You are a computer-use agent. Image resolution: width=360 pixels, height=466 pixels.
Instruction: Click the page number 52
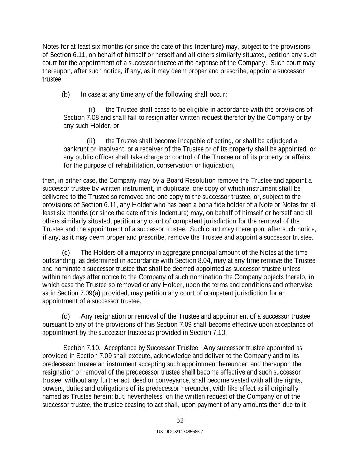tap(180, 421)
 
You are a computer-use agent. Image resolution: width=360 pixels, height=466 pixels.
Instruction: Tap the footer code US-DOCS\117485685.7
tap(180, 432)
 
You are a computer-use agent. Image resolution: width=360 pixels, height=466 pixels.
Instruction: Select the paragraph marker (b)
tap(66, 95)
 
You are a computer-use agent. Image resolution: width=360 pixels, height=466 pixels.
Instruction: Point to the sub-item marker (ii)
tap(91, 141)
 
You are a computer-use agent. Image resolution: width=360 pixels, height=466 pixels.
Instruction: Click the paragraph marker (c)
tap(66, 253)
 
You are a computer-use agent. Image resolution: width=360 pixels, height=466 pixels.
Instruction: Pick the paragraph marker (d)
tap(66, 317)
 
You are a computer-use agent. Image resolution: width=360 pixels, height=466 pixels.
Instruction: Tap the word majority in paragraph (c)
tap(142, 253)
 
